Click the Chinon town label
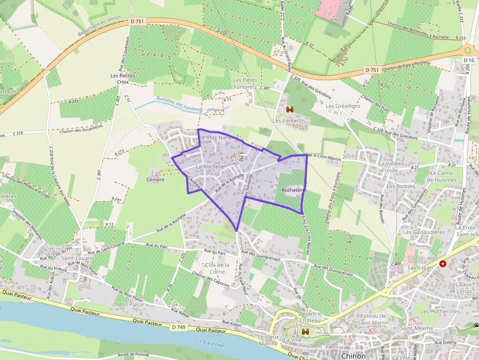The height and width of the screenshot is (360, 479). (353, 356)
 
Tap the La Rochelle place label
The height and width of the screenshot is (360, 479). (210, 167)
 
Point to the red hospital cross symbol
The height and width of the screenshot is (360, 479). (443, 263)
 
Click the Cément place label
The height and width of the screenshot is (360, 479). (155, 179)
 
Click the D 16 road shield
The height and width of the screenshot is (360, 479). (468, 60)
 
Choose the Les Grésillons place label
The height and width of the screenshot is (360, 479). (343, 106)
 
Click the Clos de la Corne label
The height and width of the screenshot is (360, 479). (217, 268)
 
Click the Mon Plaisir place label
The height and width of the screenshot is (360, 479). (130, 304)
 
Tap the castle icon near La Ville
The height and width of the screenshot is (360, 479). (306, 331)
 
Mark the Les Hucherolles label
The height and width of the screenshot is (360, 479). (440, 311)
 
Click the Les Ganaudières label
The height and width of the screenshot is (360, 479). (424, 232)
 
